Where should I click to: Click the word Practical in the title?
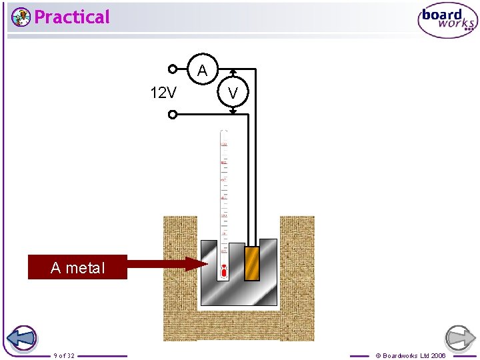click(71, 17)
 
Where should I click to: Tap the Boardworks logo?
click(447, 21)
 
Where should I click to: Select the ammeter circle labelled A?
click(202, 70)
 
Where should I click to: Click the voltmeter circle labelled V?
click(233, 93)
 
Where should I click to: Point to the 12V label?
click(163, 93)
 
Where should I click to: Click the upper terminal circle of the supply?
click(172, 68)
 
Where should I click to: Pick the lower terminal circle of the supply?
click(172, 114)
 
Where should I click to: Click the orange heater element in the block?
click(251, 264)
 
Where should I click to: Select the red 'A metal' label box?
click(77, 267)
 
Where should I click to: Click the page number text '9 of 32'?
click(64, 355)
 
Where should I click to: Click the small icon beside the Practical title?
click(21, 17)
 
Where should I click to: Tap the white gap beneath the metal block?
click(239, 309)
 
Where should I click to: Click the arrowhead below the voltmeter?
click(233, 112)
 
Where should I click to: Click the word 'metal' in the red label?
click(85, 267)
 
